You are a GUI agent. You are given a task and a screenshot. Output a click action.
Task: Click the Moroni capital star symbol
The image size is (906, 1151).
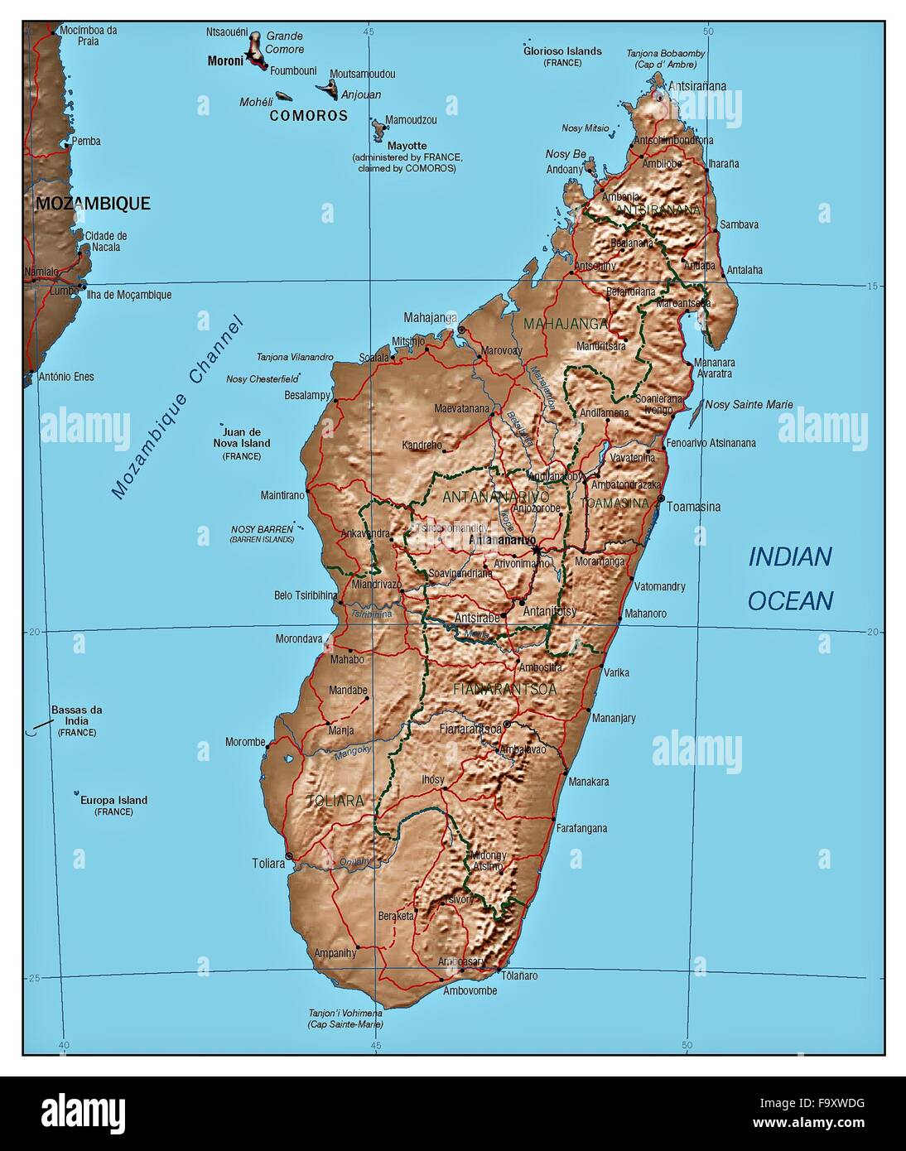point(249,56)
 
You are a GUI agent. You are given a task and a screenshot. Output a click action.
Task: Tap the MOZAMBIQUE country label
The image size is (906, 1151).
point(93,203)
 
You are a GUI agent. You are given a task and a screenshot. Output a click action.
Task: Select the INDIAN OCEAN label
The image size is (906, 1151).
point(790,578)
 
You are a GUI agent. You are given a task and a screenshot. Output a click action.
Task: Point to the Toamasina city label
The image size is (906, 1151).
point(693,507)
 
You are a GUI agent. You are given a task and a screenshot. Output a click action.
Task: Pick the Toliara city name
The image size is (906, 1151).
point(268,864)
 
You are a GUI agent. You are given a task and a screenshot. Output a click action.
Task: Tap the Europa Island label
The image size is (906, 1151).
point(113,800)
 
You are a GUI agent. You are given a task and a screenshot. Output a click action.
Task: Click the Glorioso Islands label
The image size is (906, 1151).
point(562,51)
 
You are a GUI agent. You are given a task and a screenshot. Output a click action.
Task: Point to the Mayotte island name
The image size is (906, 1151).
point(407,146)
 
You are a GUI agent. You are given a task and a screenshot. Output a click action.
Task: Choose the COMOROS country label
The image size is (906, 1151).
point(309,116)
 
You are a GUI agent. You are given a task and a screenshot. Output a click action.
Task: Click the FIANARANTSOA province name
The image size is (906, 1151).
point(504,688)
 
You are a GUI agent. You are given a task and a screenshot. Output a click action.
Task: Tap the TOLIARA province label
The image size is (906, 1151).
point(335,801)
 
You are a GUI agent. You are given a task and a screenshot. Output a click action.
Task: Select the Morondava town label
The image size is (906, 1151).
point(299,639)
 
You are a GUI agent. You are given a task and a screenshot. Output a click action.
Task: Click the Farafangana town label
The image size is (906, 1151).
point(581,828)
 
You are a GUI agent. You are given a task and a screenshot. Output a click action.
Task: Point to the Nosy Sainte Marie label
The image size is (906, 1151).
point(749,405)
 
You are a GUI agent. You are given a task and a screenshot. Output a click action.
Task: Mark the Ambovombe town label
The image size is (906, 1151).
point(470,991)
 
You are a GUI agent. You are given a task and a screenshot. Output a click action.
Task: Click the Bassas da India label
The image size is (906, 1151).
point(76,715)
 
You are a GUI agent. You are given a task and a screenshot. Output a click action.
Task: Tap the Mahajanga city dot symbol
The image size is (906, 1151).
point(461,330)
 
